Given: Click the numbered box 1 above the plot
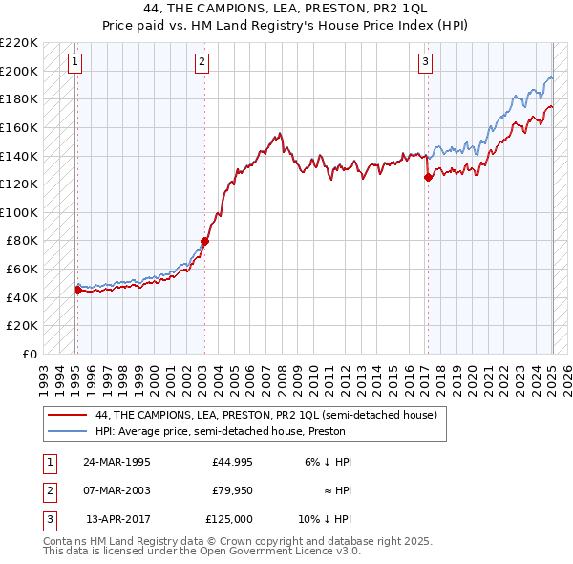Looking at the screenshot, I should tap(74, 63).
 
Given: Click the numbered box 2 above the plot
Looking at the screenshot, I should tap(202, 63).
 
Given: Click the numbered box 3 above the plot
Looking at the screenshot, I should tap(425, 63).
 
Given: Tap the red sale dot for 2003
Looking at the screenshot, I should tap(204, 241).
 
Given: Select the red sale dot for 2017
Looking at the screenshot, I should tap(428, 177).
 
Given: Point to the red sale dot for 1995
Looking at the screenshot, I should tap(77, 291).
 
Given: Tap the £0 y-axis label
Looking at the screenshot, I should tap(31, 354).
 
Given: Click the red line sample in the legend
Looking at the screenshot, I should tap(68, 415).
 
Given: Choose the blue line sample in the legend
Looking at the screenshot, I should tap(68, 431).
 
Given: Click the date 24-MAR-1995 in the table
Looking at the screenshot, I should tap(117, 462).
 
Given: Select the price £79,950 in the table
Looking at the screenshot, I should tap(232, 490).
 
